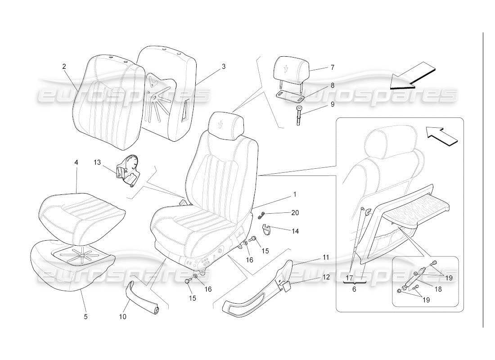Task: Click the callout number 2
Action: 64,66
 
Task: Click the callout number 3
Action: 223,66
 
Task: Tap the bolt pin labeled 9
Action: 300,116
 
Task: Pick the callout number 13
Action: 98,162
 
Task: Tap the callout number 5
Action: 85,316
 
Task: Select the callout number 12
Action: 325,277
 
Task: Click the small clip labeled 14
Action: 268,229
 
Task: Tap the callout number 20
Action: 295,212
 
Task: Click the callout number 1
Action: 294,195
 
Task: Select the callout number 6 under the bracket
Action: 354,289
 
